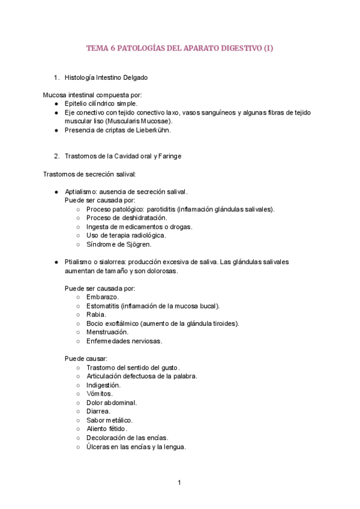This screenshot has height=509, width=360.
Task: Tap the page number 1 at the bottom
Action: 179,483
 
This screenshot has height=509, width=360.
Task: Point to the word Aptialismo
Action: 82,191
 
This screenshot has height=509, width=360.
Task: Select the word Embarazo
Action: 102,297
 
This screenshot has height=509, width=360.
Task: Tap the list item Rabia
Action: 96,315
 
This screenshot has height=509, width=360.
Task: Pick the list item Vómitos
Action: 99,394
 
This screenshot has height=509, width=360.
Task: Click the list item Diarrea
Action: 98,411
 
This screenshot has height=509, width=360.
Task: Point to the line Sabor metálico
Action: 109,420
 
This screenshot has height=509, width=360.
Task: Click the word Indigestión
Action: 103,385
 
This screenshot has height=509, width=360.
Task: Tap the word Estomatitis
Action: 102,306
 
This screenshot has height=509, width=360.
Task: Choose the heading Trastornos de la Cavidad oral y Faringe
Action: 122,156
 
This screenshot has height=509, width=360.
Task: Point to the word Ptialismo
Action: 79,262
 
